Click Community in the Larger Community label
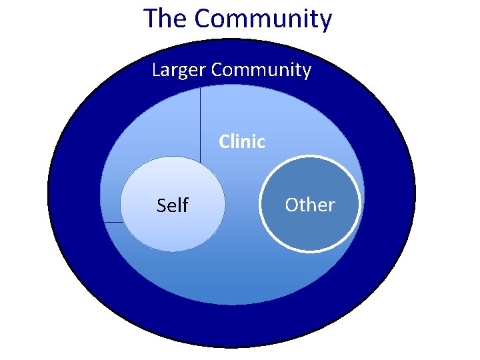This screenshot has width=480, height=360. [x=261, y=69]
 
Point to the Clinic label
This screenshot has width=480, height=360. [x=242, y=142]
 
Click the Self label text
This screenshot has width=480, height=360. [x=172, y=205]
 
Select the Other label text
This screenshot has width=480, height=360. [x=310, y=205]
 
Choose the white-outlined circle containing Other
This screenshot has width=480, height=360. [x=310, y=230]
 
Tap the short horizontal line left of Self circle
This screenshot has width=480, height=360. [x=112, y=222]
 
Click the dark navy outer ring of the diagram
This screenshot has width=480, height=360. [x=73, y=200]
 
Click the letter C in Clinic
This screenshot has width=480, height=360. [x=224, y=142]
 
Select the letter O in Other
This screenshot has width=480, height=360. [x=291, y=205]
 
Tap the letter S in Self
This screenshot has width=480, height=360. [x=161, y=205]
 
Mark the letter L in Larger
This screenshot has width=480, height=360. [x=156, y=69]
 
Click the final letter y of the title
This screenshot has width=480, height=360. [x=325, y=21]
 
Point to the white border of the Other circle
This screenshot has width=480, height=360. [x=260, y=204]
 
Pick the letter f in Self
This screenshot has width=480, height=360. [x=185, y=205]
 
